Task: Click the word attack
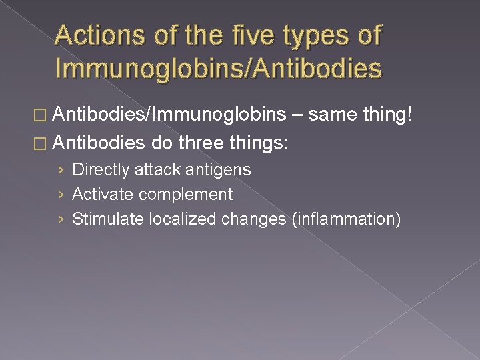point(157,170)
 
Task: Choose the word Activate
point(102,195)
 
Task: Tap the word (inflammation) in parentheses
point(346,219)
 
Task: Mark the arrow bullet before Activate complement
point(61,195)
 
